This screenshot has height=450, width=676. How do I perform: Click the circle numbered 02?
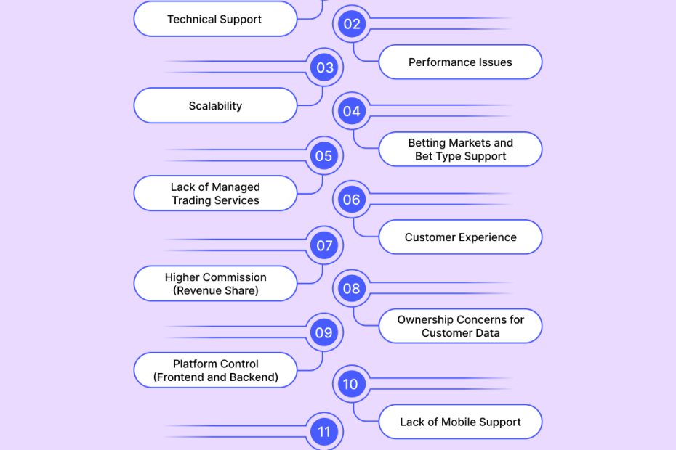click(352, 24)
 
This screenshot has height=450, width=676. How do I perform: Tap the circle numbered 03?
click(324, 67)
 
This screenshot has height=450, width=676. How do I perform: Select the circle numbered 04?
click(352, 111)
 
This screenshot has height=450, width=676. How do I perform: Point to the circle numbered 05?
click(324, 155)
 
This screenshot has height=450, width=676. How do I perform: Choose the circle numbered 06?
click(352, 200)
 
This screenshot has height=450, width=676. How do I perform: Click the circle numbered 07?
click(324, 245)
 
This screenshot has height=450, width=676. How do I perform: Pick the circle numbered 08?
click(352, 288)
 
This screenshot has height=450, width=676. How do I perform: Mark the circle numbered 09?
click(324, 332)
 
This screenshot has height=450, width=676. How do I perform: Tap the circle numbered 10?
click(352, 384)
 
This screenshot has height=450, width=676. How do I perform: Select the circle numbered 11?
click(324, 432)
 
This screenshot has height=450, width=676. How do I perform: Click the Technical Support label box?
click(215, 19)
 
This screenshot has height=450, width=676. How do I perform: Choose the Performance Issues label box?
click(460, 62)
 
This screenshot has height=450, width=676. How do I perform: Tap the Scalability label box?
click(215, 106)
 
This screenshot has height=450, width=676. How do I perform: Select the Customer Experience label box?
click(460, 237)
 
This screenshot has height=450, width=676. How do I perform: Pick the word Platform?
click(196, 364)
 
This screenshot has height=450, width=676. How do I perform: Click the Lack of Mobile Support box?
click(460, 422)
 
